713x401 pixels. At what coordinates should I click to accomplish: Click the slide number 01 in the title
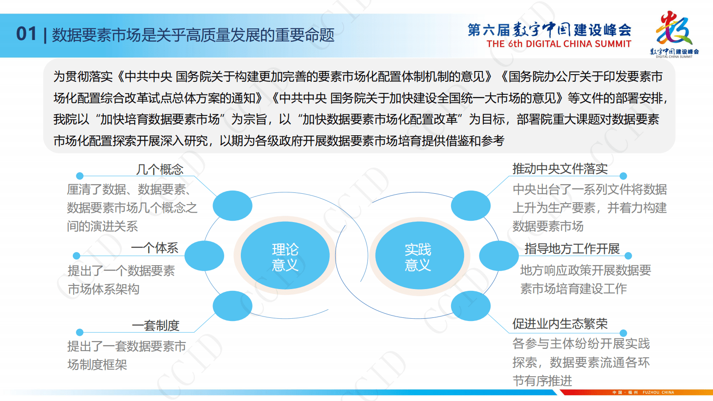pyautogui.click(x=26, y=34)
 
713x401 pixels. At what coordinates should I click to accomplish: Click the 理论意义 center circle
pyautogui.click(x=285, y=256)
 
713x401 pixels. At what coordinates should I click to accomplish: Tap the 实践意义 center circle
pyautogui.click(x=418, y=256)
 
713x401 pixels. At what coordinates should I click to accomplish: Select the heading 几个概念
pyautogui.click(x=159, y=169)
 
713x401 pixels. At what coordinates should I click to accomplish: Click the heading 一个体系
pyautogui.click(x=155, y=248)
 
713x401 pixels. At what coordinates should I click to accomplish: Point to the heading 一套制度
pyautogui.click(x=155, y=325)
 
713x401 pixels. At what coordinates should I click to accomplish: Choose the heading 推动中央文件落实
pyautogui.click(x=560, y=169)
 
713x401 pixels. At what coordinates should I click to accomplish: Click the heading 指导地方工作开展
pyautogui.click(x=572, y=249)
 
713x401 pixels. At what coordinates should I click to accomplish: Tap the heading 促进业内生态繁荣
pyautogui.click(x=560, y=324)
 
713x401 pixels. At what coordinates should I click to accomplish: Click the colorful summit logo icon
pyautogui.click(x=673, y=29)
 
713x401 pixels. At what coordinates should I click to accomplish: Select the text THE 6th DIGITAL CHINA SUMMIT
pyautogui.click(x=558, y=44)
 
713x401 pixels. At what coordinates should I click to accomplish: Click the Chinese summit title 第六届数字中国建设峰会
pyautogui.click(x=549, y=30)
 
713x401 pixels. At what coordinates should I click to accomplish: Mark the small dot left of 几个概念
pyautogui.click(x=80, y=176)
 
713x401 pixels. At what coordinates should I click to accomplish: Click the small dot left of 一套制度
pyautogui.click(x=80, y=332)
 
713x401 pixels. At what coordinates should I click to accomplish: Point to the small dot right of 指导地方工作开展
pyautogui.click(x=628, y=256)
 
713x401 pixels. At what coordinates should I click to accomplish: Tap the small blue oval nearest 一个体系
pyautogui.click(x=204, y=255)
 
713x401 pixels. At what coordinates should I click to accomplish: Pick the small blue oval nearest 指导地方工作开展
pyautogui.click(x=498, y=256)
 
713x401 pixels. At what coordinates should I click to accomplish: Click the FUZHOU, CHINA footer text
pyautogui.click(x=658, y=392)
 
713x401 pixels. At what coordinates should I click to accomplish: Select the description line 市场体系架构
pyautogui.click(x=103, y=289)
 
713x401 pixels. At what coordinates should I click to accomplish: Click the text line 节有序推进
pyautogui.click(x=542, y=381)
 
